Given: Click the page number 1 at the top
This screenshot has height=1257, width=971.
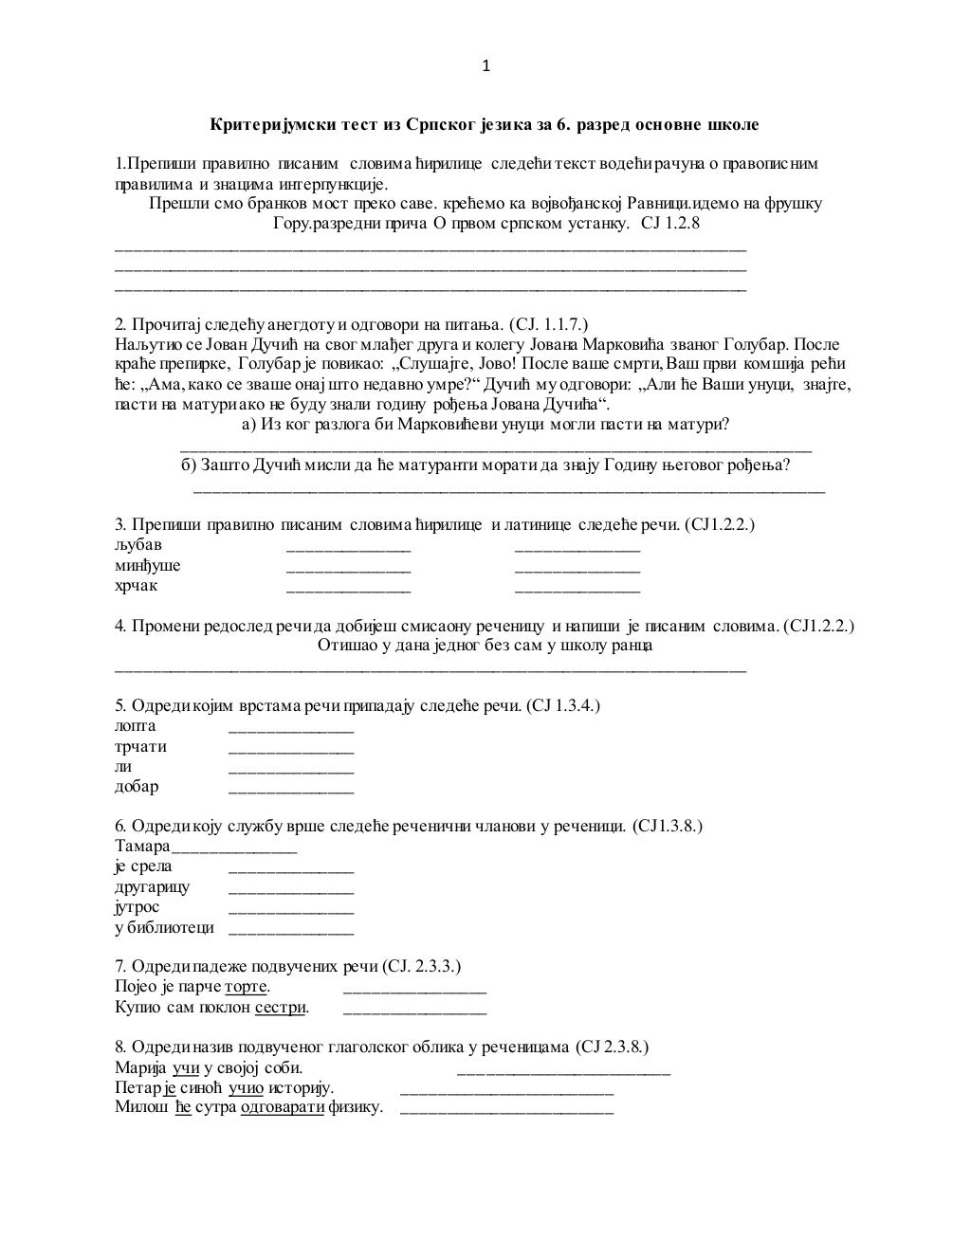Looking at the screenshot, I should [x=486, y=65].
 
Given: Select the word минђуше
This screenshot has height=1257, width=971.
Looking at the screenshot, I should [x=147, y=565].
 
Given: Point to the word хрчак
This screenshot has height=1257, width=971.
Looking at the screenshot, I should [x=137, y=585].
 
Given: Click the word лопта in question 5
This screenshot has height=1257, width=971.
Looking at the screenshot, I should [x=136, y=726].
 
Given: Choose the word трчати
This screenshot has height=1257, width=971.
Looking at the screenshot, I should [x=140, y=746].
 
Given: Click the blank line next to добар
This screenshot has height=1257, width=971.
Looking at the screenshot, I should [x=291, y=789].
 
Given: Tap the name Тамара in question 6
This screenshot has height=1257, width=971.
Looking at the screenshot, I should [x=142, y=846].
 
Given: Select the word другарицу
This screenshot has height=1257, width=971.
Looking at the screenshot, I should [x=152, y=886].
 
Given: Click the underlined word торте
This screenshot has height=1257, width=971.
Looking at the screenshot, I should [x=246, y=987].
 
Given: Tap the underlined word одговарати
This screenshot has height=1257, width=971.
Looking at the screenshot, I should [x=283, y=1106].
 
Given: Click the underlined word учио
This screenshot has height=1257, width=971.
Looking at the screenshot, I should [x=246, y=1086].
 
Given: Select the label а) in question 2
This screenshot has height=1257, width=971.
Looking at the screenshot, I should [x=250, y=424].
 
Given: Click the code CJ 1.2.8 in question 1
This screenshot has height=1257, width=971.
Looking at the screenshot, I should [x=671, y=223].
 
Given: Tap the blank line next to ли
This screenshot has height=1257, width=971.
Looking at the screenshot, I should [x=291, y=769].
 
